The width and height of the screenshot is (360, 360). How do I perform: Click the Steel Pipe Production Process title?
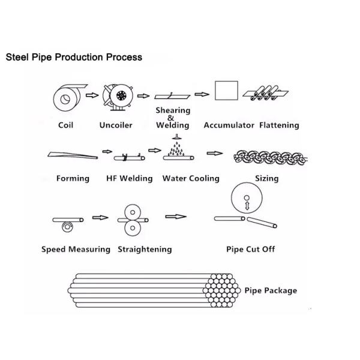click(x=74, y=58)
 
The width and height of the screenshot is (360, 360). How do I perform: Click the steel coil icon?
click(x=65, y=97)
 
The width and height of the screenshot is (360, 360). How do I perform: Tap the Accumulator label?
click(x=230, y=125)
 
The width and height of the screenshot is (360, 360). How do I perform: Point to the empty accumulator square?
click(x=225, y=91)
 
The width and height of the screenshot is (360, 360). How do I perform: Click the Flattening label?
click(x=279, y=125)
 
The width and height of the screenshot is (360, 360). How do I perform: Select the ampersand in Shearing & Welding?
click(x=172, y=118)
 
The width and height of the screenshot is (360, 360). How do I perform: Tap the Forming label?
click(x=73, y=178)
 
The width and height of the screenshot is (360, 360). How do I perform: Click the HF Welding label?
click(x=129, y=178)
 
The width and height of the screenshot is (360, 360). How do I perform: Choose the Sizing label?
click(x=266, y=178)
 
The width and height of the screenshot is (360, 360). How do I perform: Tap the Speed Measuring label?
click(x=76, y=249)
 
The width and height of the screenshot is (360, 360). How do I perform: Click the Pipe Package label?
click(x=271, y=290)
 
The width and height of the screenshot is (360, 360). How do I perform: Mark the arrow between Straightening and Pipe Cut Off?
click(x=175, y=216)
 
